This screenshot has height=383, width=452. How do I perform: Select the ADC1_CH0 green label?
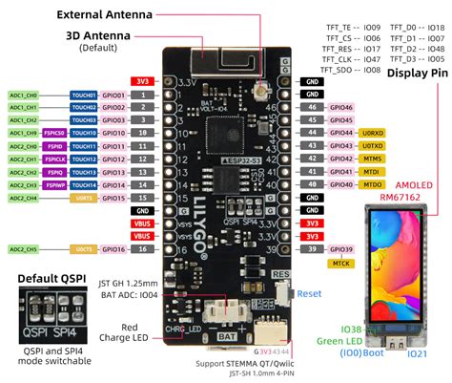[24, 96]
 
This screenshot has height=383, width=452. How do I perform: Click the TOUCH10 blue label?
[83, 133]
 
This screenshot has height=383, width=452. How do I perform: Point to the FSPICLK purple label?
[54, 158]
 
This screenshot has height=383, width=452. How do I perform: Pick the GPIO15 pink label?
[113, 197]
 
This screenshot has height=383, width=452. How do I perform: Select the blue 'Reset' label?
[311, 295]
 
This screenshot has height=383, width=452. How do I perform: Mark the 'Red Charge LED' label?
[123, 329]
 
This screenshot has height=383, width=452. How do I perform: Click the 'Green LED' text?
[335, 341]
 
